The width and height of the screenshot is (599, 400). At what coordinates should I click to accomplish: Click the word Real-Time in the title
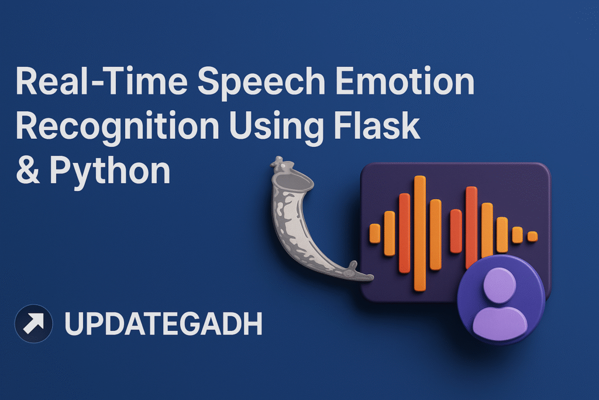102,81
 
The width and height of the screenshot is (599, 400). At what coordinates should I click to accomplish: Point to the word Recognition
117,128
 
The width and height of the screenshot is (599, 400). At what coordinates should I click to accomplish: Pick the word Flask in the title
377,125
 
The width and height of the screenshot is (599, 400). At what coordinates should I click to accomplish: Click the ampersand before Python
27,170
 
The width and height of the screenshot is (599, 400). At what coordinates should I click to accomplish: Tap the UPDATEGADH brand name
164,323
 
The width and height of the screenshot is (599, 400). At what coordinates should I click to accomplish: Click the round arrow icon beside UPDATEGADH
33,323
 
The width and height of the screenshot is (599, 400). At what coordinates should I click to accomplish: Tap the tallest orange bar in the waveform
420,233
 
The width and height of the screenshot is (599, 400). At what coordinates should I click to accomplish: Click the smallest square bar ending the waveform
532,237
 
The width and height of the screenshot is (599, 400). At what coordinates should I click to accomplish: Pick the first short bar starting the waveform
375,233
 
